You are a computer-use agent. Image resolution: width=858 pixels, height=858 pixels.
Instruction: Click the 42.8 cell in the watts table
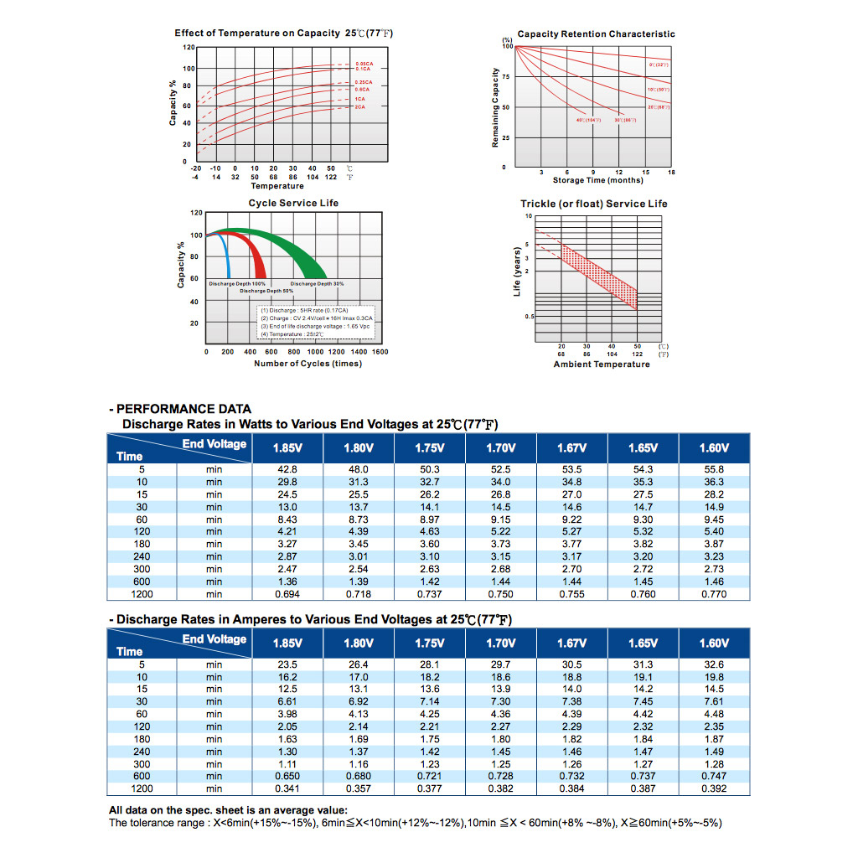[x=287, y=470]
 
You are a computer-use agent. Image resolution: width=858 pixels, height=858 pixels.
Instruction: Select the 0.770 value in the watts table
[x=714, y=594]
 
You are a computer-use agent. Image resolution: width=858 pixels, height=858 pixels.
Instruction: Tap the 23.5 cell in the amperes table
[x=287, y=664]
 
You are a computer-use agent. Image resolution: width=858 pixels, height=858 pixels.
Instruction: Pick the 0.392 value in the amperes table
[x=714, y=788]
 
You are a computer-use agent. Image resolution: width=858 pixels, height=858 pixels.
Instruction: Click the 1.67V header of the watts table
[x=571, y=447]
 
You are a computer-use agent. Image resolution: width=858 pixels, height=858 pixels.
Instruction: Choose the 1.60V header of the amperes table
[x=714, y=643]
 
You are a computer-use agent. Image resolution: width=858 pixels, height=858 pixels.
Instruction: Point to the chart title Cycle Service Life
[x=293, y=204]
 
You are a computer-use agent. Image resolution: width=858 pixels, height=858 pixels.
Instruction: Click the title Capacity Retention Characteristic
[x=596, y=34]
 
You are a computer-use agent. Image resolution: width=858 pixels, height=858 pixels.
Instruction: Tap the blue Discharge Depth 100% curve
[x=225, y=251]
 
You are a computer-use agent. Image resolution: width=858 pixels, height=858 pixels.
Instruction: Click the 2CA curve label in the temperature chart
[x=359, y=107]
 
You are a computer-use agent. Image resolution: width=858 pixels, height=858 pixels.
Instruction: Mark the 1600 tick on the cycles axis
[x=380, y=353]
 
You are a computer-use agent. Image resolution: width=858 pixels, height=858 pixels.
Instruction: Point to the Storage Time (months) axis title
[x=597, y=180]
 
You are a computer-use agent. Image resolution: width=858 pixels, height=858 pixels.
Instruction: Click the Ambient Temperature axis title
[x=601, y=364]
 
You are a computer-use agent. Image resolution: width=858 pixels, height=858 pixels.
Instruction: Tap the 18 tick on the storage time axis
[x=672, y=173]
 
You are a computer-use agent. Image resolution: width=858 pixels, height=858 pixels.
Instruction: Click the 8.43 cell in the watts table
[x=287, y=519]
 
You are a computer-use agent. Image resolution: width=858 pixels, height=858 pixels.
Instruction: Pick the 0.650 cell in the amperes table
[x=287, y=776]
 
